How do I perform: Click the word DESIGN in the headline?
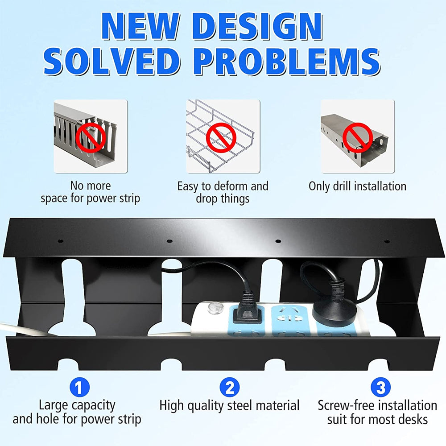point(257,26)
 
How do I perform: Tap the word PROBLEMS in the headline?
point(287,62)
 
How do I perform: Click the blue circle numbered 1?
point(80,387)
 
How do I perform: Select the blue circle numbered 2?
point(230,387)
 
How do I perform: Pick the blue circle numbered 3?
point(380,387)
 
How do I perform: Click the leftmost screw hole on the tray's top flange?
point(60,241)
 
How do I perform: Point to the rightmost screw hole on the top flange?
point(387,241)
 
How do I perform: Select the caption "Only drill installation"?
point(358,186)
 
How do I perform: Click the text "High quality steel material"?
point(229,405)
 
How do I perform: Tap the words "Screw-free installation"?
point(377,405)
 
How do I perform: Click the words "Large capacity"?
point(77,405)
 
